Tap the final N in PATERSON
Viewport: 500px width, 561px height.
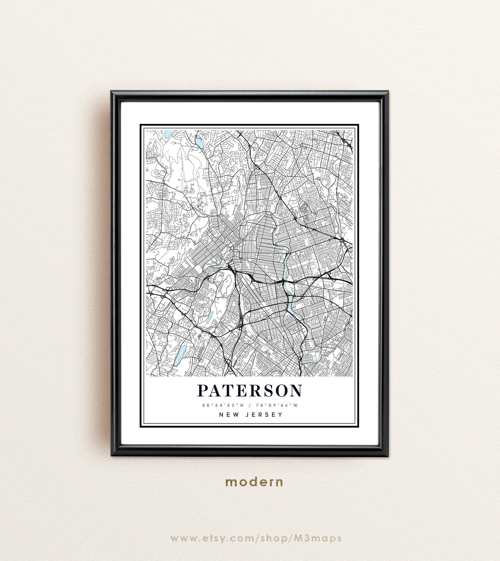point(296,391)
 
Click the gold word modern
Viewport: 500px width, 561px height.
point(254,482)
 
